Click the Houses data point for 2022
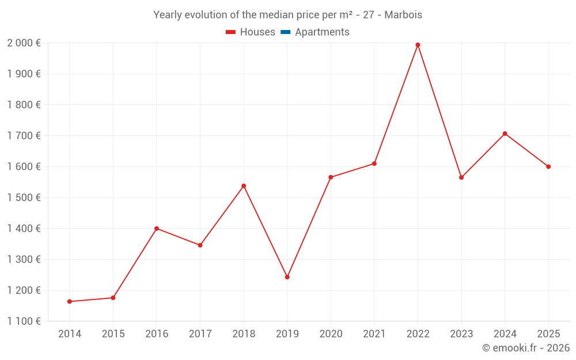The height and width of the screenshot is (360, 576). tap(418, 45)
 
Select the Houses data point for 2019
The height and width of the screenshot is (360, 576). tap(287, 277)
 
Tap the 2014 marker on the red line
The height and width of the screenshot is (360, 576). tap(70, 301)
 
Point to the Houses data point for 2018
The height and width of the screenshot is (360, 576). tap(244, 186)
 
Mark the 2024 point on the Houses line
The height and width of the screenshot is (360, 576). tap(505, 134)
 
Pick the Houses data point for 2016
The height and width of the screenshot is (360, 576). tap(157, 229)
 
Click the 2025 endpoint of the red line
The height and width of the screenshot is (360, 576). tap(548, 166)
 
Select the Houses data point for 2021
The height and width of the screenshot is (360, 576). tap(374, 164)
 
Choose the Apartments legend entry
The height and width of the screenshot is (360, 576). tap(321, 32)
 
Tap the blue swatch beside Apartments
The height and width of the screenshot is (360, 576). tap(286, 32)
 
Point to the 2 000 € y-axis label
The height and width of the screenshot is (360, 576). tap(24, 43)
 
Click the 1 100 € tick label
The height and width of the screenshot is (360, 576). tap(24, 321)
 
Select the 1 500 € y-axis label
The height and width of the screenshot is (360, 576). tap(24, 198)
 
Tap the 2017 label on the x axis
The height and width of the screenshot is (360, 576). tap(200, 334)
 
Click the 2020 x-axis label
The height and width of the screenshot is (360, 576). tap(331, 334)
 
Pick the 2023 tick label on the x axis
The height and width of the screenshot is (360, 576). tap(461, 334)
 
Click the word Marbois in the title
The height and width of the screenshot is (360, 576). tap(403, 15)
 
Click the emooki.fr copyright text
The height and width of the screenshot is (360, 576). tap(526, 348)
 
